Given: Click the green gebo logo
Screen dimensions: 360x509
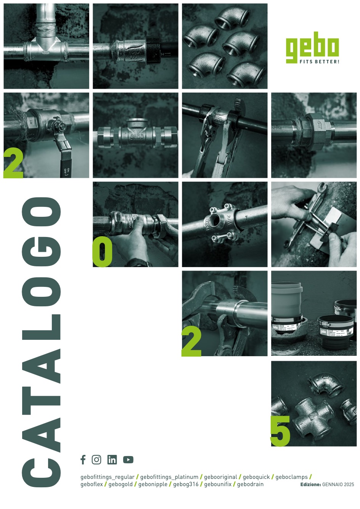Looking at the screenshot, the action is pyautogui.click(x=312, y=50).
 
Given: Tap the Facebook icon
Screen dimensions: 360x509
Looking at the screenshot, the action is pyautogui.click(x=83, y=459).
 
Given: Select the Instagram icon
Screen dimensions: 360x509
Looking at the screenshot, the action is pyautogui.click(x=96, y=460).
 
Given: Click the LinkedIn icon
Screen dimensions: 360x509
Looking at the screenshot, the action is pyautogui.click(x=112, y=460).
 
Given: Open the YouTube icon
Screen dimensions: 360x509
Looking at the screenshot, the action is pyautogui.click(x=128, y=460).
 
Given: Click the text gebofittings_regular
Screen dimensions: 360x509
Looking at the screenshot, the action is pyautogui.click(x=108, y=477).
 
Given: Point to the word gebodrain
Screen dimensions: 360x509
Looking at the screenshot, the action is pyautogui.click(x=251, y=484).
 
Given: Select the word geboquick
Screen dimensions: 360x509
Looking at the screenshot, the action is pyautogui.click(x=256, y=477).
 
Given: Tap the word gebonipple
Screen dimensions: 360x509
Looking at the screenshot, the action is pyautogui.click(x=153, y=485).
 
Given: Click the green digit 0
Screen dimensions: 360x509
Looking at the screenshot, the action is pyautogui.click(x=102, y=251).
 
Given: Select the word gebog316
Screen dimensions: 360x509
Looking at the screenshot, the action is pyautogui.click(x=186, y=485).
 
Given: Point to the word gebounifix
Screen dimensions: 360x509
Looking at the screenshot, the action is pyautogui.click(x=218, y=484).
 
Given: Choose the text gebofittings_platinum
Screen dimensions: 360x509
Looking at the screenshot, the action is pyautogui.click(x=169, y=477).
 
